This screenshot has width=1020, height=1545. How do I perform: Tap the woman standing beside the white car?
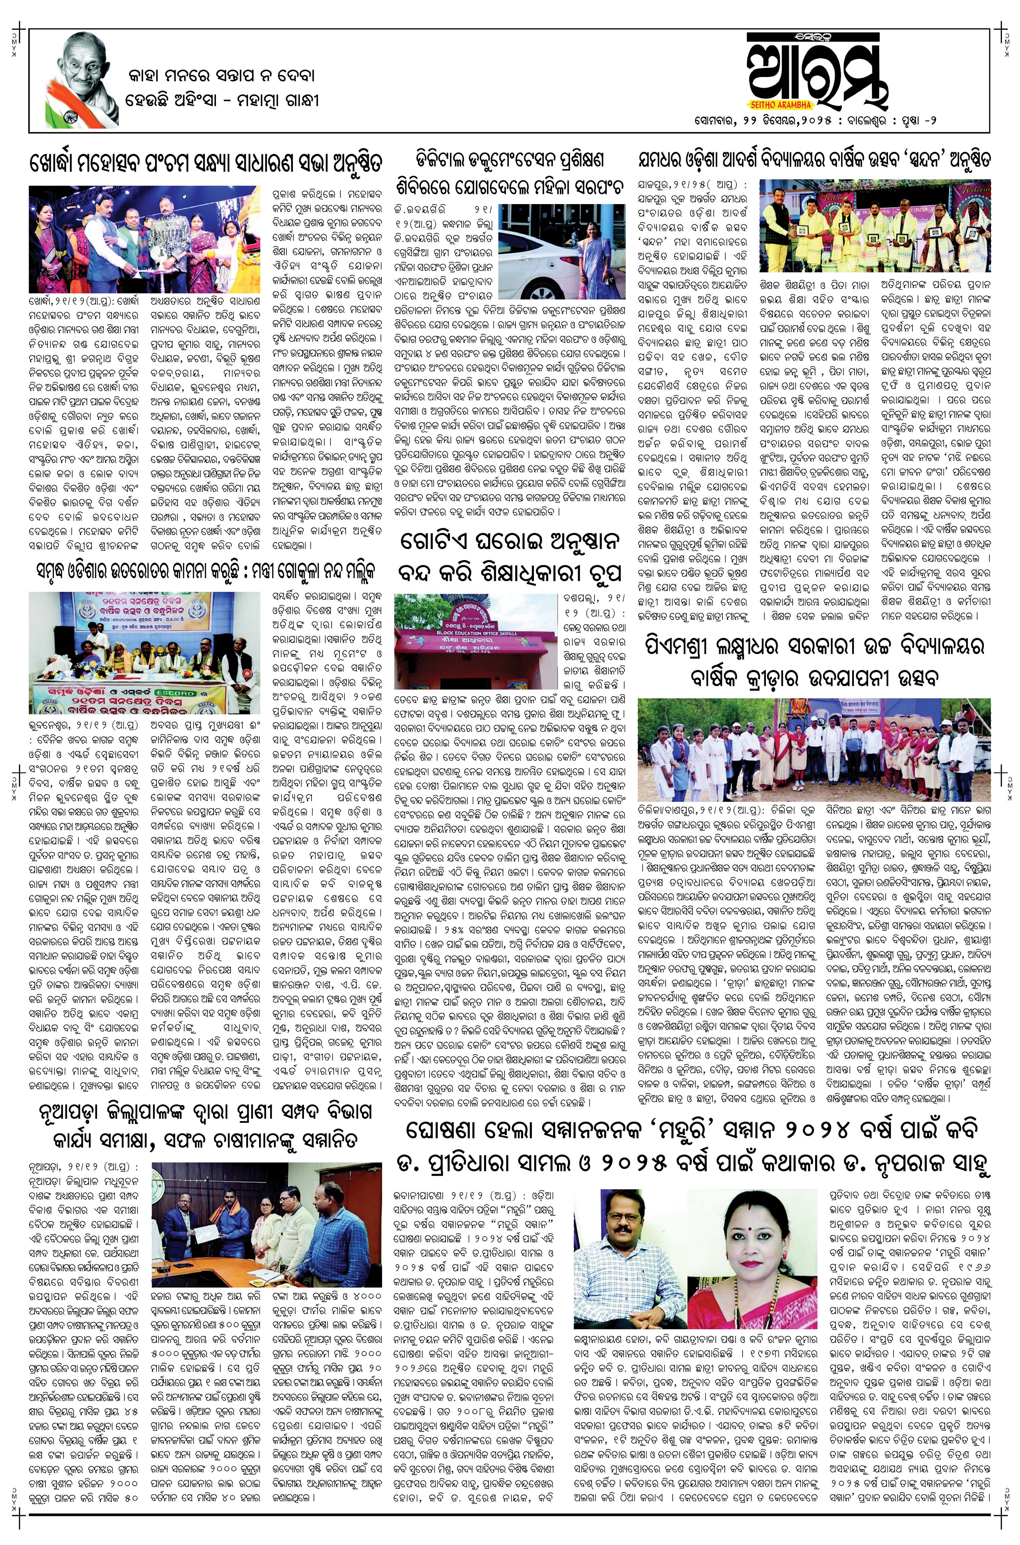595,251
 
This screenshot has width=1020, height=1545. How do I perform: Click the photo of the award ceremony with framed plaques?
875,225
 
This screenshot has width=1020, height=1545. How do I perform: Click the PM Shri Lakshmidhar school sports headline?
813,660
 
